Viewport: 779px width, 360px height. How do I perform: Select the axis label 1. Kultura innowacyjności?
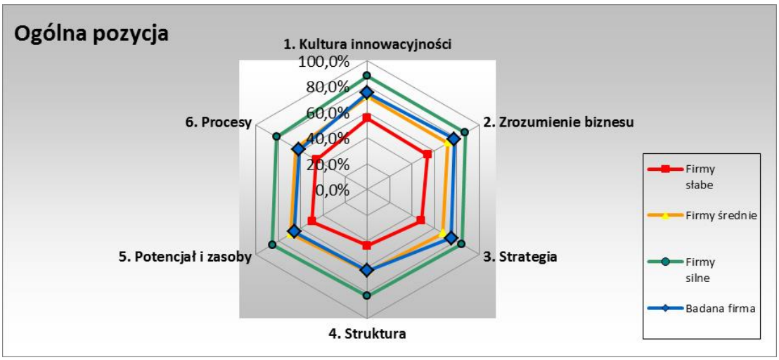[367, 44]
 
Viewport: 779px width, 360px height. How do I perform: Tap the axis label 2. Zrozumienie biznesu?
[558, 122]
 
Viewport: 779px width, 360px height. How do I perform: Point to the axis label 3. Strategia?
[520, 257]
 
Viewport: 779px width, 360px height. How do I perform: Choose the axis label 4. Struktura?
[367, 333]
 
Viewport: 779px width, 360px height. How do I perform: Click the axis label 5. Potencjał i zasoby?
[185, 257]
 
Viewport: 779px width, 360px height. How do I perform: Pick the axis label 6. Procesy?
[219, 122]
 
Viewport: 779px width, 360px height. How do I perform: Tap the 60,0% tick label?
[328, 113]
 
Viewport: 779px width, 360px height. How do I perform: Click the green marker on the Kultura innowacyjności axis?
[367, 75]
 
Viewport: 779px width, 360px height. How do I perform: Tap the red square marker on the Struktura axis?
[367, 245]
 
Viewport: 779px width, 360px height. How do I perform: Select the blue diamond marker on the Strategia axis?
[451, 238]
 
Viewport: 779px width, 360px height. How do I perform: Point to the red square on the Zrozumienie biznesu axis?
[427, 155]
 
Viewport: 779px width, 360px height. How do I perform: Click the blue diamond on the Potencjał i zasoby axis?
[294, 231]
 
